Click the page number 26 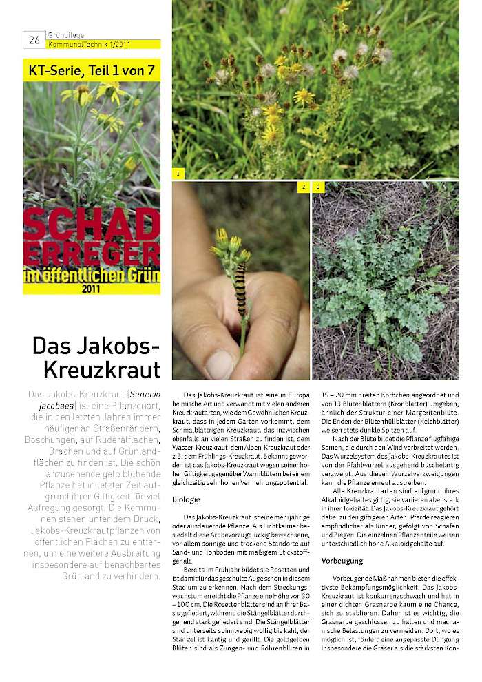[34, 40]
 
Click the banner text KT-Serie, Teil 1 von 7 [91, 70]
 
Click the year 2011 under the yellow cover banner [91, 289]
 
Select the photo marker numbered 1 [178, 174]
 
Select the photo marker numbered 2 [304, 187]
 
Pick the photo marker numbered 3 [318, 187]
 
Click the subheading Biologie [187, 499]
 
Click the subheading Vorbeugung [342, 561]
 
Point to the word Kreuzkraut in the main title [101, 370]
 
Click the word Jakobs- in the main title [96, 345]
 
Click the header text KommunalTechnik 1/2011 [89, 44]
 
